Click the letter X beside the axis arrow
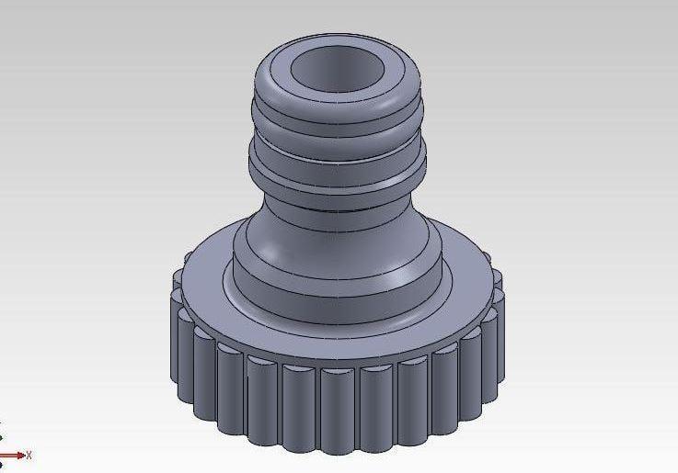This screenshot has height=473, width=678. [29, 455]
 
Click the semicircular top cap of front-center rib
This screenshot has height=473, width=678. [339, 371]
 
